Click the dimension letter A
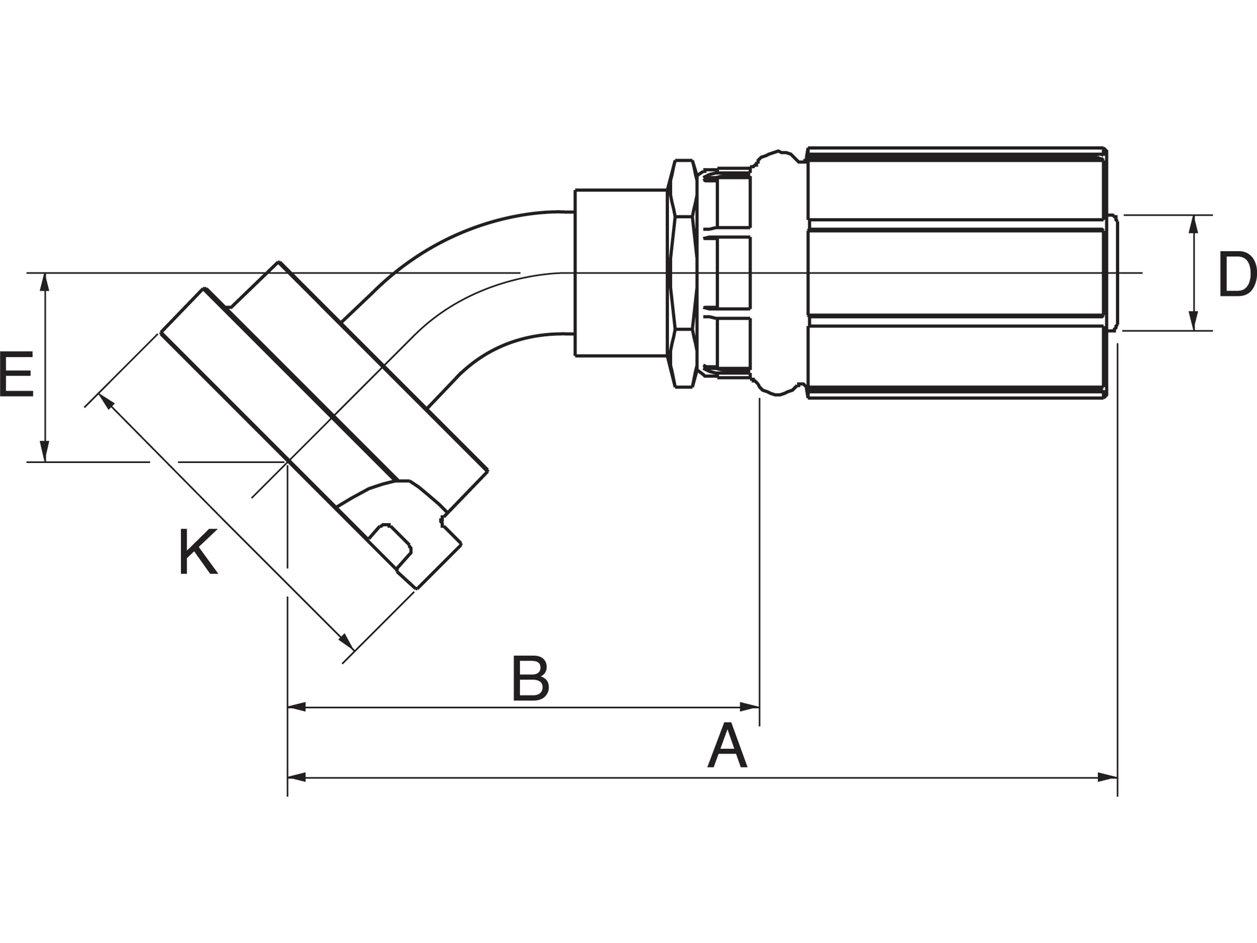tap(727, 747)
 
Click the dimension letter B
tap(531, 679)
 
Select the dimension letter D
tap(1237, 275)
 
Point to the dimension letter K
tap(198, 551)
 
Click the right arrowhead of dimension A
tap(1107, 777)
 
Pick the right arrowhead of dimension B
tap(749, 707)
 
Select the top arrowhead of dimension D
tap(1193, 224)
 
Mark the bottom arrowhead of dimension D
tap(1193, 321)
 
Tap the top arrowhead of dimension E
tap(45, 283)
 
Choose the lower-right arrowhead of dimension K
tap(346, 642)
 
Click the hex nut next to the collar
tap(682, 273)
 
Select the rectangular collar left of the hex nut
tap(621, 273)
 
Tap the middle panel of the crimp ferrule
tap(955, 273)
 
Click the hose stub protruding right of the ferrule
tap(1112, 273)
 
